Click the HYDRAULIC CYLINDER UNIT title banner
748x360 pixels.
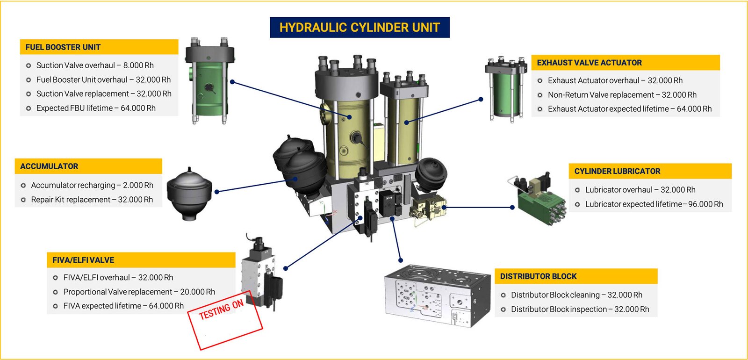(360, 28)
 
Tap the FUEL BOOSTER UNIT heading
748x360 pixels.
(63, 47)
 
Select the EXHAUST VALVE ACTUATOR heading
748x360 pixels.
(589, 63)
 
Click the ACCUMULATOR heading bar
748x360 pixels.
(49, 166)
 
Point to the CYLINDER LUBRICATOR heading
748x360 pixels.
(617, 171)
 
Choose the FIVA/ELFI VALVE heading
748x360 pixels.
(83, 260)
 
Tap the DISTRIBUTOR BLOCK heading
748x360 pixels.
(538, 276)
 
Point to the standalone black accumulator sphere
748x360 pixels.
(189, 194)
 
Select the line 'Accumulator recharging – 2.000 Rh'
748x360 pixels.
(92, 185)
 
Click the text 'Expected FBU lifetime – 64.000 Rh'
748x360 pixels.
(96, 108)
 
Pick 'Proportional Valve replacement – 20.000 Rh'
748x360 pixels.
(139, 292)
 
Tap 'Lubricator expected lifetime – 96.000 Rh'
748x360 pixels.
(654, 204)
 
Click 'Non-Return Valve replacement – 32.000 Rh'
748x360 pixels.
(622, 95)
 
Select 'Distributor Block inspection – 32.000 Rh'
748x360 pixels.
(580, 309)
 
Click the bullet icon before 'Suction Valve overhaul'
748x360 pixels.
(29, 66)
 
